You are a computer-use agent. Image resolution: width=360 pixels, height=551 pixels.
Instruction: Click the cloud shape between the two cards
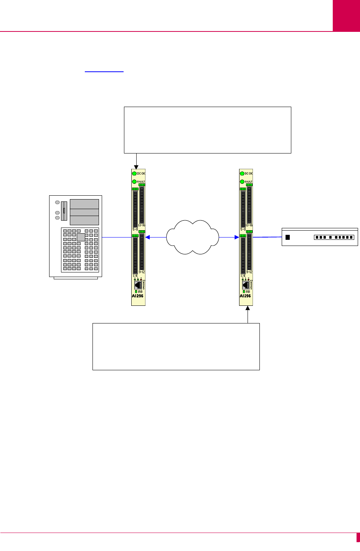click(x=193, y=238)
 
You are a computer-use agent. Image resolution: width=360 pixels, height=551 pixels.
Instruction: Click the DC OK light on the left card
click(x=135, y=173)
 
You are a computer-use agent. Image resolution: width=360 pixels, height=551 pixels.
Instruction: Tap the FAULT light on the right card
click(x=242, y=181)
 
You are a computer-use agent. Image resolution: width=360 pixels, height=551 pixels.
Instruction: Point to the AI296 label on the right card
click(x=246, y=296)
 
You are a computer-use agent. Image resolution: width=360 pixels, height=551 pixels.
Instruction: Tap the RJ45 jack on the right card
click(x=245, y=285)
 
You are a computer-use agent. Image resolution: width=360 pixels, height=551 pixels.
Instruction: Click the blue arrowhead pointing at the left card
click(x=148, y=238)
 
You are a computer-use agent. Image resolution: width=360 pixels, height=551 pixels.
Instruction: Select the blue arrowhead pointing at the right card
click(x=236, y=238)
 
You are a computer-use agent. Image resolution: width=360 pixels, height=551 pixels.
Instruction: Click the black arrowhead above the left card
click(x=136, y=167)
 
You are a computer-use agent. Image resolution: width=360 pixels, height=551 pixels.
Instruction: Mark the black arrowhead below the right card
click(x=248, y=308)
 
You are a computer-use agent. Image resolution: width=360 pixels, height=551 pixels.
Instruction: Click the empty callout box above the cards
click(x=208, y=130)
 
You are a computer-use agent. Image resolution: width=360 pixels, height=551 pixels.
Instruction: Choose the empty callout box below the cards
click(x=176, y=346)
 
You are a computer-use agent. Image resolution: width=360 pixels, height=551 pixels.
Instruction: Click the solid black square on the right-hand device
click(x=288, y=237)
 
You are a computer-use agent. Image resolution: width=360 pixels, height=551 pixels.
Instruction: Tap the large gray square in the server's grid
click(x=81, y=237)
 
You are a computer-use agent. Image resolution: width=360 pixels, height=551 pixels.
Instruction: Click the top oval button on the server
click(x=58, y=202)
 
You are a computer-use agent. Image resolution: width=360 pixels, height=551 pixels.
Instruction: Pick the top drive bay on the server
click(x=84, y=204)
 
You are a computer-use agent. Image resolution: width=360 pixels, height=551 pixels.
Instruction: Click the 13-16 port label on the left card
click(x=142, y=225)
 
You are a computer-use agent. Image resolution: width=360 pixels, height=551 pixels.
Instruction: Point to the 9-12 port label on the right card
click(x=249, y=272)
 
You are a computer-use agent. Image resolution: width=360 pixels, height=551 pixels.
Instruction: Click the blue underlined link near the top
click(x=104, y=71)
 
